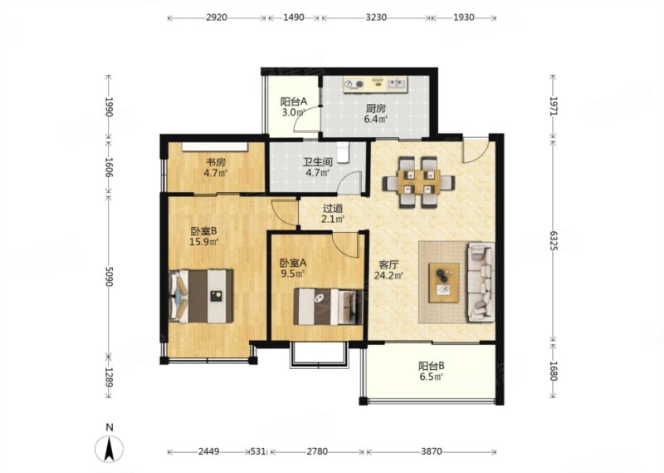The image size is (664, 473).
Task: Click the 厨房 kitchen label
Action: click(376, 108)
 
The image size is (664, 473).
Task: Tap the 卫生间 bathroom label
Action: click(317, 161)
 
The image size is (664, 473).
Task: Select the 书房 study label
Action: click(216, 161)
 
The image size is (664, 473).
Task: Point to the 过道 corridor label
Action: click(333, 209)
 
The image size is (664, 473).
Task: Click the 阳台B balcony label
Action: click(431, 366)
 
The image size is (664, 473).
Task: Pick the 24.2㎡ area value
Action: click(388, 276)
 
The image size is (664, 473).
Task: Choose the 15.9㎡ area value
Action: click(203, 242)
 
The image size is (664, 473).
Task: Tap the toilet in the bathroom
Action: click(342, 152)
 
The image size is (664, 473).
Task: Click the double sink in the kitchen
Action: click(398, 84)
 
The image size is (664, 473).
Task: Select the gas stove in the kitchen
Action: click(354, 85)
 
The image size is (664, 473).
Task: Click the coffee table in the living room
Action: click(444, 283)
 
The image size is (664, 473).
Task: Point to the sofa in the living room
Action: click(481, 282)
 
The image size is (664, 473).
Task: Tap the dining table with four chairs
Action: click(418, 182)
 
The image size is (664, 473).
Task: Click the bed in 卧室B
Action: click(201, 296)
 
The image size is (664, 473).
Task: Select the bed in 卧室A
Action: click(328, 307)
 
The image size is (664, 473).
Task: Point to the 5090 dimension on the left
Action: click(109, 276)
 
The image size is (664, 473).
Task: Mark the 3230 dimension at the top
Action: click(376, 17)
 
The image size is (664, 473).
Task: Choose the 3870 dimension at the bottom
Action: click(432, 451)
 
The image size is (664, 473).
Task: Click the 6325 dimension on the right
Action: click(554, 240)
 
